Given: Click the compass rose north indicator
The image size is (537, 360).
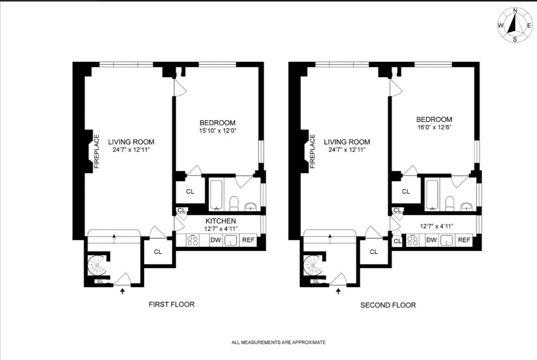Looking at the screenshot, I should point(515,11).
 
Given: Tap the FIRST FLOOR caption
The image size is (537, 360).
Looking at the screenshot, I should point(171,304).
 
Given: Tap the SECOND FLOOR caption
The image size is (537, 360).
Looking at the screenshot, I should point(388,305).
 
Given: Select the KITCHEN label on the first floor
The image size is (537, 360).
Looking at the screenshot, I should point(221,221).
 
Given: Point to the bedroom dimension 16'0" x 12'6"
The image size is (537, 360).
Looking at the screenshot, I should point(433,127).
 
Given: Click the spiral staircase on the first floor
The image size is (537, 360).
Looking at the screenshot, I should point(96,265).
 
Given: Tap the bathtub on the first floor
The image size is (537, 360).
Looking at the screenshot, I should point(216,194).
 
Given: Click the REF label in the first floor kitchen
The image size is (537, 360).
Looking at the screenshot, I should point(248,241).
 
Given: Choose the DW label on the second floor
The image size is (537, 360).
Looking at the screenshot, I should point(431,241).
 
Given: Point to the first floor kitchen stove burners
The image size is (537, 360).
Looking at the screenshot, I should point(193,241).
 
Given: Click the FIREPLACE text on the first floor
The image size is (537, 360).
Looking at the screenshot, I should point(96,151).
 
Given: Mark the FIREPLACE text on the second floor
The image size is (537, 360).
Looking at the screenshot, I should point(313,151).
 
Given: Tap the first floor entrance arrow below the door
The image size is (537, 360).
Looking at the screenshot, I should point(122,291).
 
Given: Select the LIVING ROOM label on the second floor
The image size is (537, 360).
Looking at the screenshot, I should point(347,142).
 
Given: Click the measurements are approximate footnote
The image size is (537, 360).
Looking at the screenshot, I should point(278,342).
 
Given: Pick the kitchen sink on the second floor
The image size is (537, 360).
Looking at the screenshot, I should point(447,241).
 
